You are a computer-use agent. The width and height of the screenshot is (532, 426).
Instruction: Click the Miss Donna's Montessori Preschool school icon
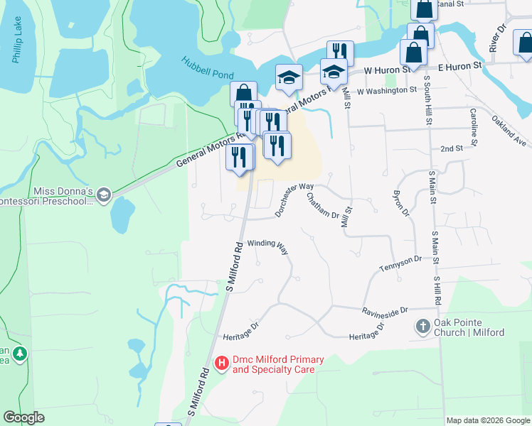click(x=104, y=195)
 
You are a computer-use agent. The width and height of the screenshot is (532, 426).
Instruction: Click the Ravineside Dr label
click(x=385, y=311)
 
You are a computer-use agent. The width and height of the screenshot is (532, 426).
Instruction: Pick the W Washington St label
click(x=387, y=91)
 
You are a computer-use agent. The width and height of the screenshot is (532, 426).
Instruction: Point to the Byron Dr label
click(x=401, y=203)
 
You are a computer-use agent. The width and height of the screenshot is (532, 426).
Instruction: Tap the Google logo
click(x=23, y=417)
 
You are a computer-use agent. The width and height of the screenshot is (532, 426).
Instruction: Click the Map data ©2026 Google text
click(x=488, y=420)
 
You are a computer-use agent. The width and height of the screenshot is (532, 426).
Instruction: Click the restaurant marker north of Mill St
click(x=340, y=53)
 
